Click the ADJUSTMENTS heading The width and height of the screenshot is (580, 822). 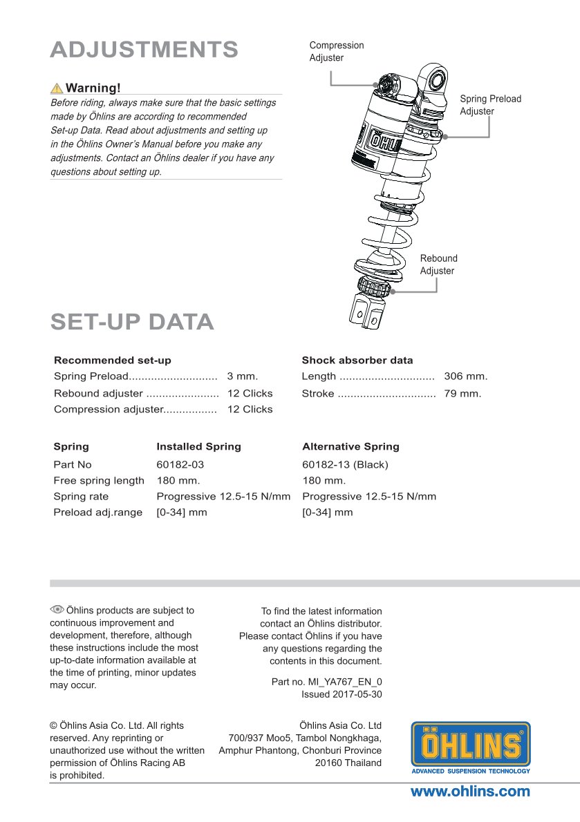coord(144,50)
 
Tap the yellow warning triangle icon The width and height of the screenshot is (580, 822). coord(57,88)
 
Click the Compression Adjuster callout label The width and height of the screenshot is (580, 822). coord(337,52)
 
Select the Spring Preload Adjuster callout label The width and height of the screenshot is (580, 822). coord(490,105)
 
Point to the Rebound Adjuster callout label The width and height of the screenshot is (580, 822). coord(438,265)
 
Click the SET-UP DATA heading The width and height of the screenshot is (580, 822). coord(132,322)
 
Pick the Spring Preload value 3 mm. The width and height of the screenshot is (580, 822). coord(242,376)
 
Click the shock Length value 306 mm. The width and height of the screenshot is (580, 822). coord(465,376)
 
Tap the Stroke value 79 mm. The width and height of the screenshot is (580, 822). coord(462,394)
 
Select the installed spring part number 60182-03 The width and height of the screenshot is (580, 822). coord(180,465)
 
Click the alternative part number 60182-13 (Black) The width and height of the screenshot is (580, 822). coord(345,465)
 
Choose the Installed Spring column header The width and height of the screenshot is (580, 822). coord(198,447)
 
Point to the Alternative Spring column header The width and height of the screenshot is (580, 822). coord(350,447)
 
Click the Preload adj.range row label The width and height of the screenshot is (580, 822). coord(97,513)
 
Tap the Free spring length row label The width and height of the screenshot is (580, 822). coord(99,481)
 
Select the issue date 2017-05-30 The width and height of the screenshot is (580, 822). coord(342,694)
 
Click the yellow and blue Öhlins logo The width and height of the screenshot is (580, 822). coord(471,747)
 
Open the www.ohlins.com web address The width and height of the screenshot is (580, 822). coord(470,792)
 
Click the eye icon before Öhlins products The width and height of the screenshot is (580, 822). coord(57,609)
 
